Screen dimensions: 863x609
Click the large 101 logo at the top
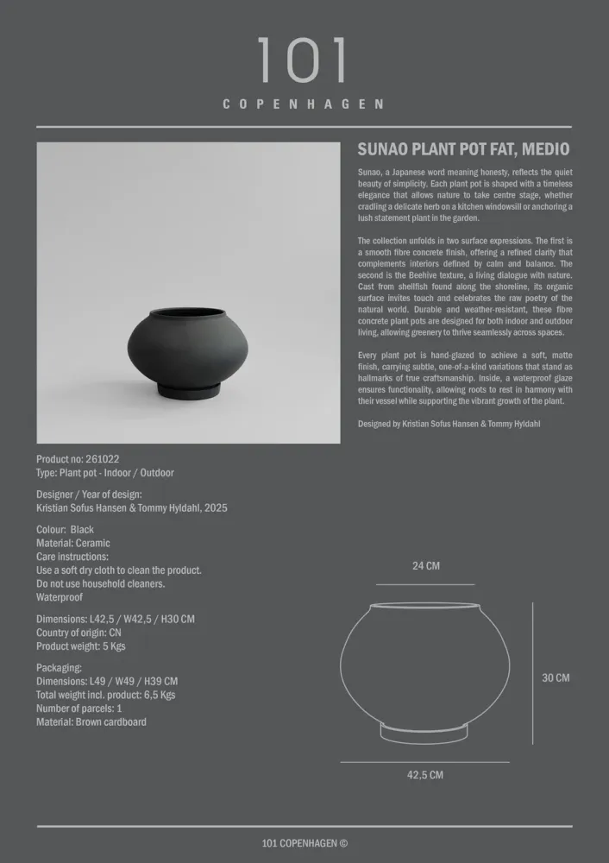[x=304, y=60]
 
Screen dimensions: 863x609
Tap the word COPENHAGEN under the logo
[x=304, y=104]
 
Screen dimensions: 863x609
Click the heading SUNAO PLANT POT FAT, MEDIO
[x=463, y=149]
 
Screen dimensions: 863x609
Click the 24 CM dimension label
[x=425, y=566]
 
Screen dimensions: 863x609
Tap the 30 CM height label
[x=556, y=677]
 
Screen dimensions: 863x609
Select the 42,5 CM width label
[x=425, y=775]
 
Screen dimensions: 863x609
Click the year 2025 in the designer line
[x=211, y=508]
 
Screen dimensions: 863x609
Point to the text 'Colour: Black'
[x=66, y=529]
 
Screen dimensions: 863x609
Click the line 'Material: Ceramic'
[x=73, y=543]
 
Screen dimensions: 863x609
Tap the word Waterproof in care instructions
[x=60, y=597]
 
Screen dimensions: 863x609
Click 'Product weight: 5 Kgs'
[x=81, y=646]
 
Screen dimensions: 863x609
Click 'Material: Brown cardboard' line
[x=91, y=721]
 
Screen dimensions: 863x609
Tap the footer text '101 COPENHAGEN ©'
[x=304, y=844]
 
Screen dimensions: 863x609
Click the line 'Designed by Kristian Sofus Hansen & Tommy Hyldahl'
[x=449, y=424]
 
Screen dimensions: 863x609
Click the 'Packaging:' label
[x=60, y=667]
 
